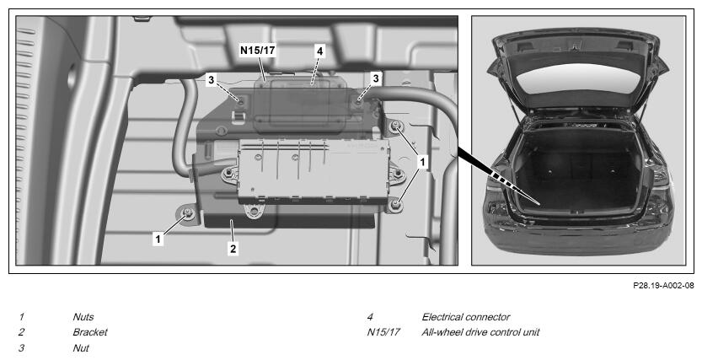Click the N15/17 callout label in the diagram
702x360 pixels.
[257, 50]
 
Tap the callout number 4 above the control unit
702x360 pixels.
[319, 51]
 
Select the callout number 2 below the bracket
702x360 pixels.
[233, 248]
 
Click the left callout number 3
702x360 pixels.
[212, 81]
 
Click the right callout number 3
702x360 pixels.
[376, 78]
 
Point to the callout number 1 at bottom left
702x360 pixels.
[158, 239]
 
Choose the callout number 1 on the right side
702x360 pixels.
[421, 163]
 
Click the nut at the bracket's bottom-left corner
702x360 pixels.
[188, 214]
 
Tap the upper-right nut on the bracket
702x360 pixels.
[395, 127]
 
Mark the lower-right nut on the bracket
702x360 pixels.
[395, 205]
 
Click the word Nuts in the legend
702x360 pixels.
[83, 318]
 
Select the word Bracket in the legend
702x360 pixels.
[90, 333]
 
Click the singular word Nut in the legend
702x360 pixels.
[81, 348]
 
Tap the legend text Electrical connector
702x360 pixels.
[465, 318]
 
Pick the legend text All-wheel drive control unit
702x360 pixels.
[480, 333]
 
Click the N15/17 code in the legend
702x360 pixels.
[383, 333]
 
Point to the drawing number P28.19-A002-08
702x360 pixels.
[663, 285]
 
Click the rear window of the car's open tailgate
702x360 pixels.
[578, 78]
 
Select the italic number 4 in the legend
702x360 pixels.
[370, 318]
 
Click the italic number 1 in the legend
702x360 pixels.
[21, 318]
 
